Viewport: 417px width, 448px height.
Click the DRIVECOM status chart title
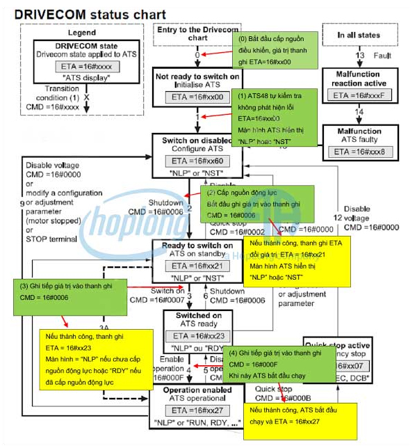coord(90,14)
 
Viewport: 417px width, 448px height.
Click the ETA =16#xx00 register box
coord(197,97)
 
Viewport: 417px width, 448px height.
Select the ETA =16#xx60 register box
coord(198,161)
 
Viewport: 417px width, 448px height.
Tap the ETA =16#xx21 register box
coord(197,266)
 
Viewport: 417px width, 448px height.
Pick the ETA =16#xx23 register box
coord(197,336)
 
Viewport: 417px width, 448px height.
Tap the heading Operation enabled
coord(197,390)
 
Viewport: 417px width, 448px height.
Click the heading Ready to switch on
coord(197,246)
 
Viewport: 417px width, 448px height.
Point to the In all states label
coord(359,34)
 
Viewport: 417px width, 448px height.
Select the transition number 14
coord(359,113)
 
